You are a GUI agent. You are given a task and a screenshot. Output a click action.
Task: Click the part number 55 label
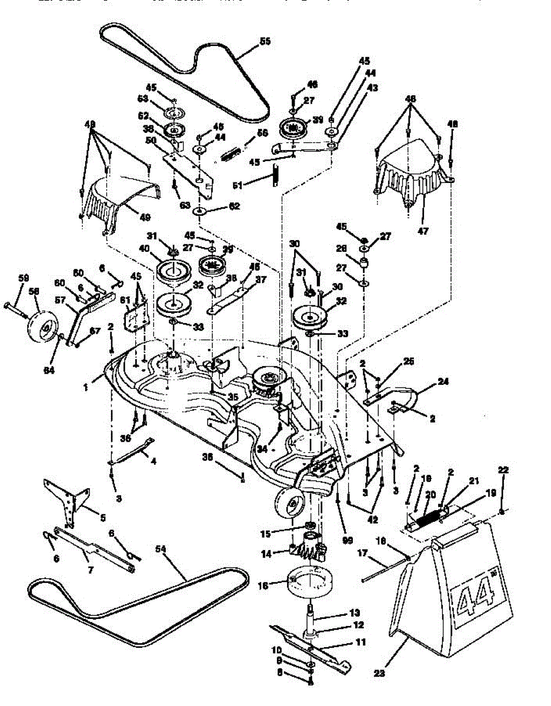pos(265,42)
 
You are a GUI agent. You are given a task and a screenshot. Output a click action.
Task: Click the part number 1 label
pos(85,387)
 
